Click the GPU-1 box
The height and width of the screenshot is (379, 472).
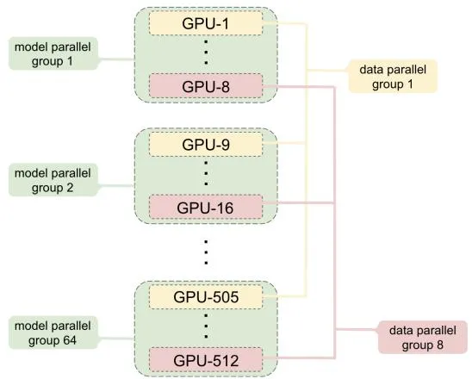[206, 23]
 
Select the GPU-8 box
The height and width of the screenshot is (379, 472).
[206, 86]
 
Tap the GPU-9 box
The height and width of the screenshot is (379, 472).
[206, 145]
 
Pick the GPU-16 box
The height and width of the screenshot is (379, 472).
[206, 208]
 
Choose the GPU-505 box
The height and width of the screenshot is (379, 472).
[206, 297]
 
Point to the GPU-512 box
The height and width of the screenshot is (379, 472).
[206, 360]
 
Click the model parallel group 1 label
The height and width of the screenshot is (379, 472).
[53, 54]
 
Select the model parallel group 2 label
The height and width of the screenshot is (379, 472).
[53, 180]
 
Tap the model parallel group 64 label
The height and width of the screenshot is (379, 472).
[53, 333]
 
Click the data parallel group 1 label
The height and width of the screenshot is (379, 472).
[393, 77]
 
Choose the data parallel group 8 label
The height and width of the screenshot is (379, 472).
[423, 338]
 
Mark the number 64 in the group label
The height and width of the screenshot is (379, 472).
[70, 340]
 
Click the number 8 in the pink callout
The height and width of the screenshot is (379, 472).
[440, 345]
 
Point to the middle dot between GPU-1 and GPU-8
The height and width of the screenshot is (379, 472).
[206, 52]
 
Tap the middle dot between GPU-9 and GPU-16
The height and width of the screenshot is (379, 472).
[206, 173]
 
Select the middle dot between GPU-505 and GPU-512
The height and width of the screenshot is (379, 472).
[206, 326]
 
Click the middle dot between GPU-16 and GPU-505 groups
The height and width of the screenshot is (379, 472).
[206, 252]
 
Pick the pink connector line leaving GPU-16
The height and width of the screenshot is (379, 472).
[299, 203]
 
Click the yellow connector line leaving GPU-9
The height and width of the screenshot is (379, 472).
[285, 143]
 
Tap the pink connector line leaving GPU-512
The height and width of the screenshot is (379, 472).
[299, 358]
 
